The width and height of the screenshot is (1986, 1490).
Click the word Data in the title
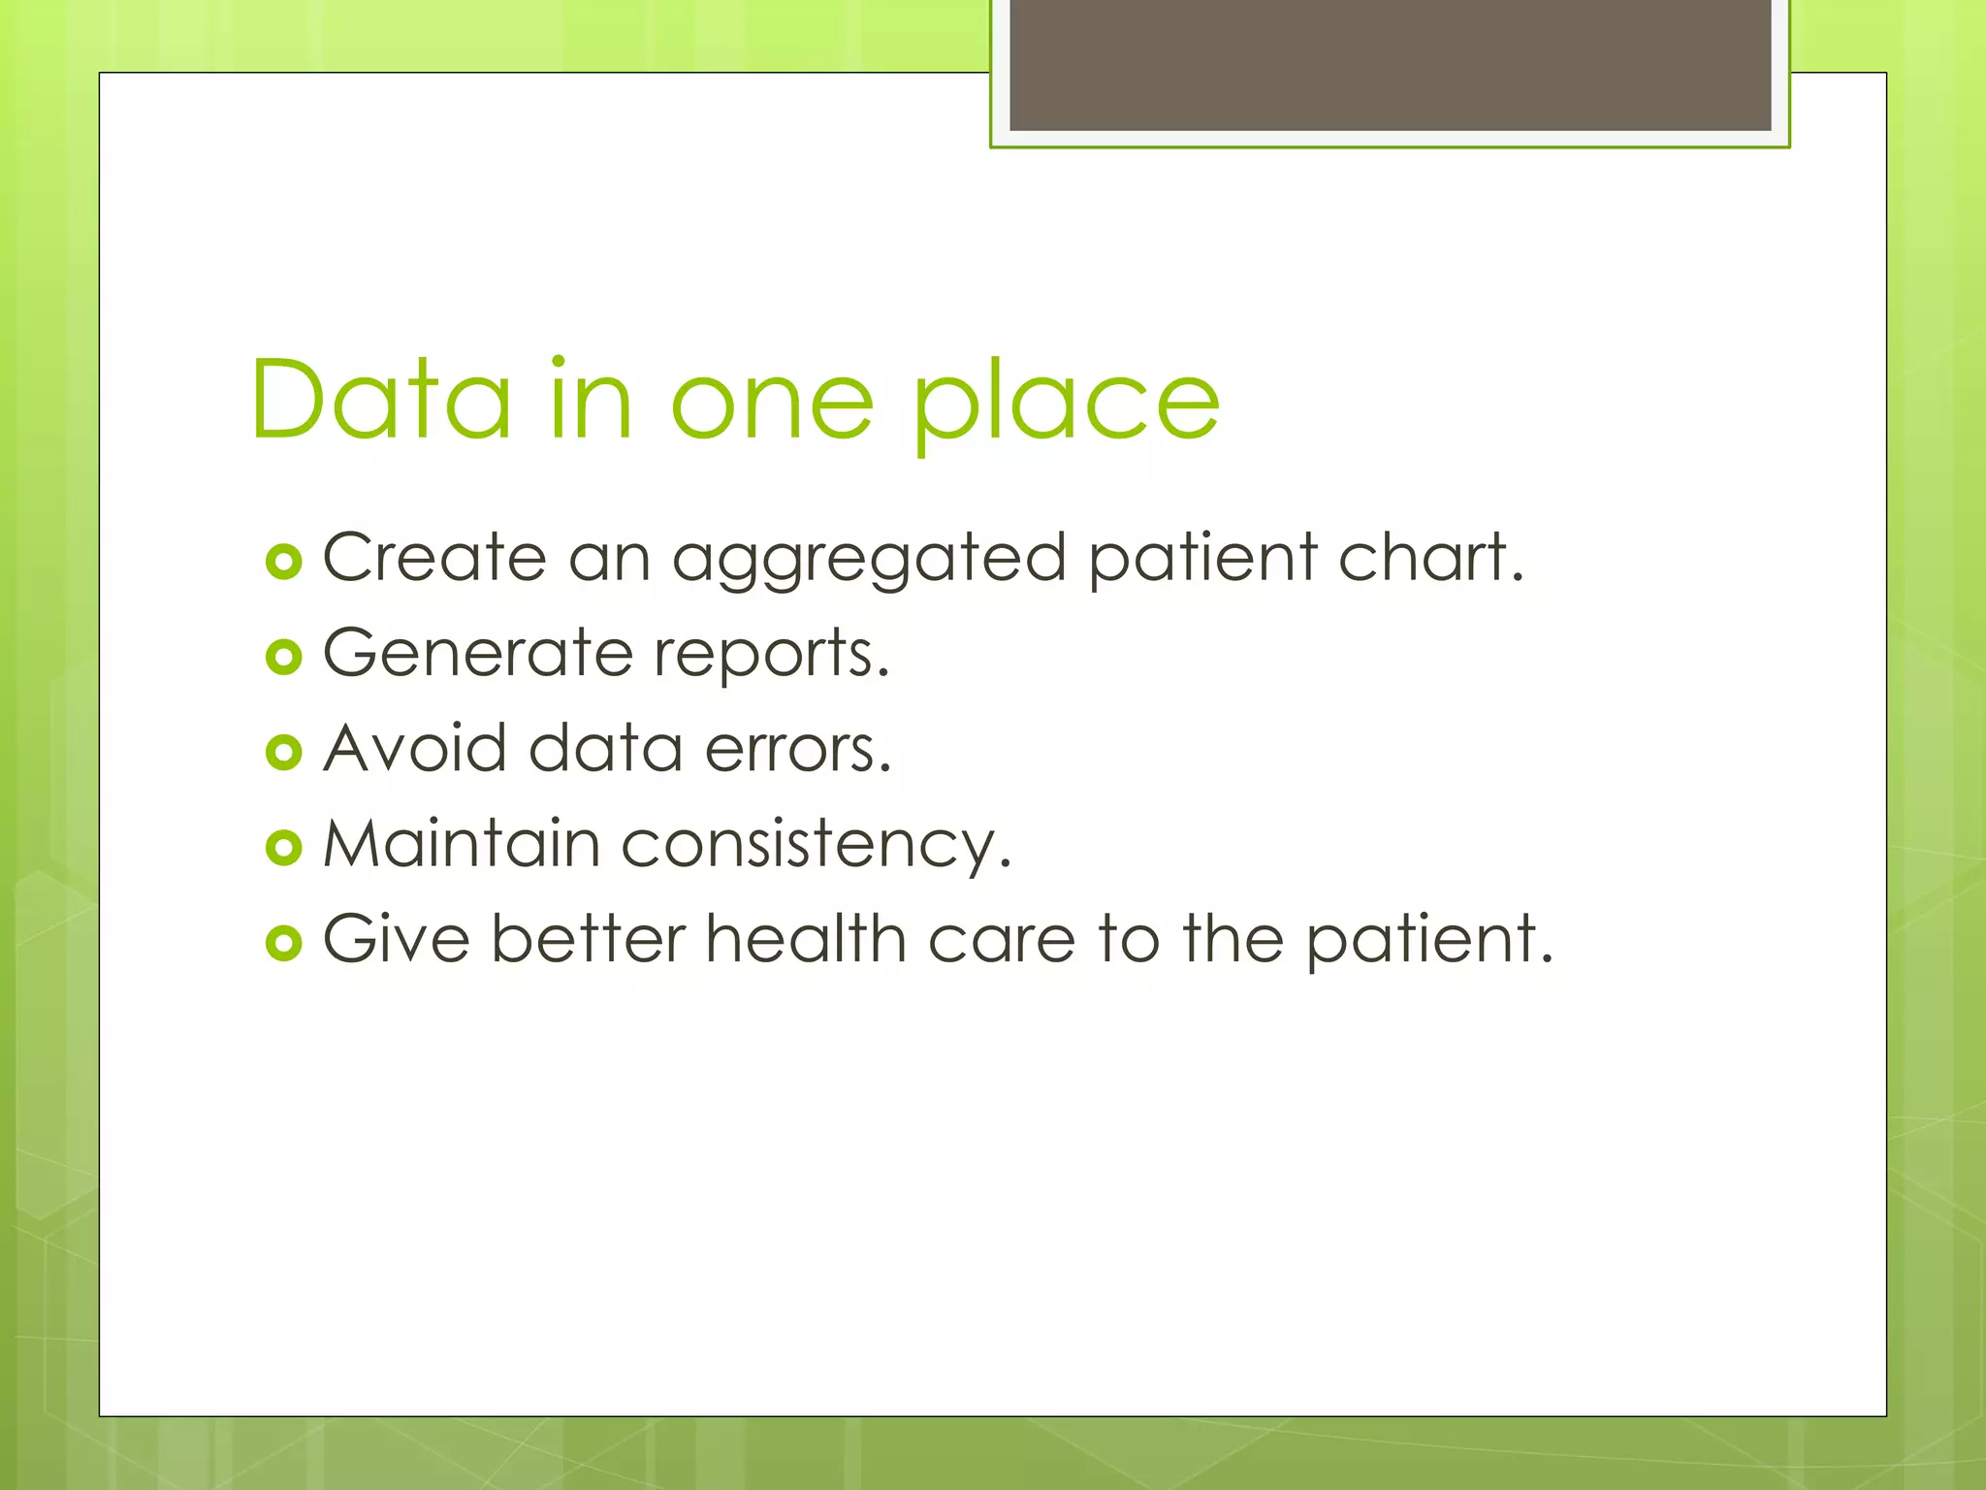pyautogui.click(x=380, y=400)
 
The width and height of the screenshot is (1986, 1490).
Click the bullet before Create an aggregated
pyautogui.click(x=283, y=562)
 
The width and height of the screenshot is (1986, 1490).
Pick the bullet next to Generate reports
pyautogui.click(x=283, y=657)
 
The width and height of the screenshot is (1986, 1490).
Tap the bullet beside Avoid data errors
pyautogui.click(x=283, y=752)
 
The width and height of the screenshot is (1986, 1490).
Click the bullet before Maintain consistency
pyautogui.click(x=283, y=848)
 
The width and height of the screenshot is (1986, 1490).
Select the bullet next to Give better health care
pyautogui.click(x=283, y=943)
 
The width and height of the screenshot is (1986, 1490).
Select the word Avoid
pyautogui.click(x=415, y=748)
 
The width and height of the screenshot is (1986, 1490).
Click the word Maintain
pyautogui.click(x=461, y=843)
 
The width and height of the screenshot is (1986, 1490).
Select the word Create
pyautogui.click(x=433, y=557)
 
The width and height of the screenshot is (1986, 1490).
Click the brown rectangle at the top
pyautogui.click(x=1390, y=64)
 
